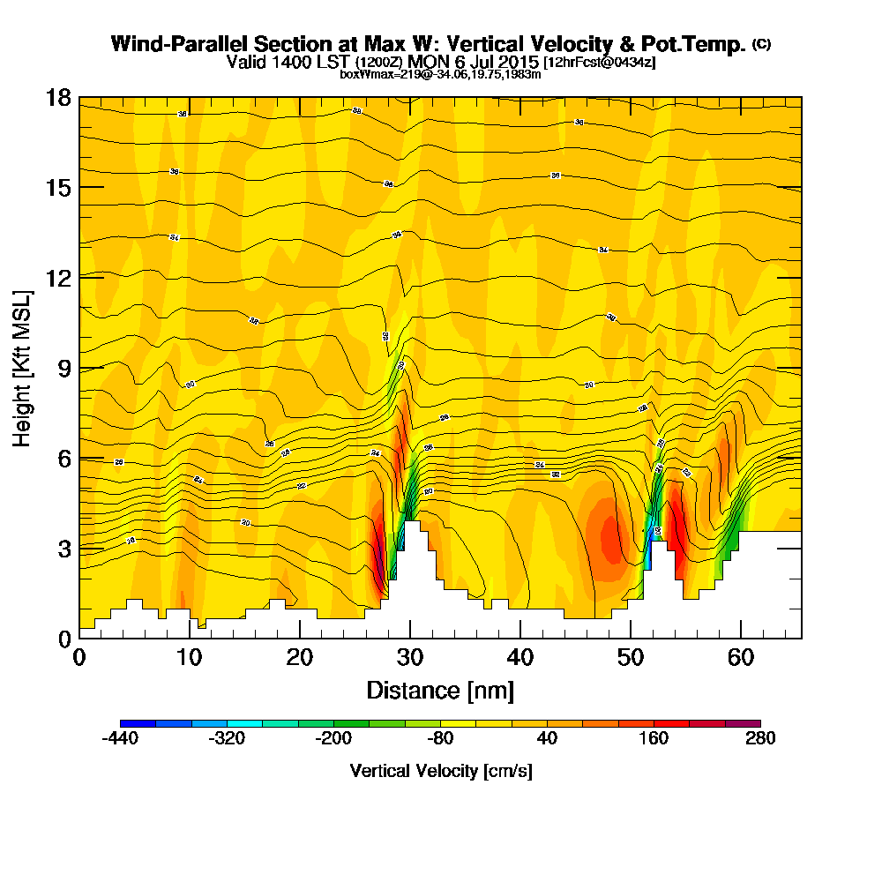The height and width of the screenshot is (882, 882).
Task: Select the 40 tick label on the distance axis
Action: point(520,658)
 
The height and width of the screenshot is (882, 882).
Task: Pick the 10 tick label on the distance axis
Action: point(190,658)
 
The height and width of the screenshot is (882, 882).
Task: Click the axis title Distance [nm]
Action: point(440,690)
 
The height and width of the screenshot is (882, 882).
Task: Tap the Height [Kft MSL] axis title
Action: point(22,368)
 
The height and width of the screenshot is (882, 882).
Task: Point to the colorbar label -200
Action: point(333,739)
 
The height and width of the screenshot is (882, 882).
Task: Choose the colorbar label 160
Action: point(654,739)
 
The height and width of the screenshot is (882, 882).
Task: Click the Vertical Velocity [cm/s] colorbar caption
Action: point(440,771)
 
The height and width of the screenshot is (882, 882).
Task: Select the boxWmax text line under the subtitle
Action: point(440,74)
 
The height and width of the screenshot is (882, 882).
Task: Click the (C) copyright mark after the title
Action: point(761,44)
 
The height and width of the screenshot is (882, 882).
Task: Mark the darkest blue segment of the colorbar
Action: point(138,723)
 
